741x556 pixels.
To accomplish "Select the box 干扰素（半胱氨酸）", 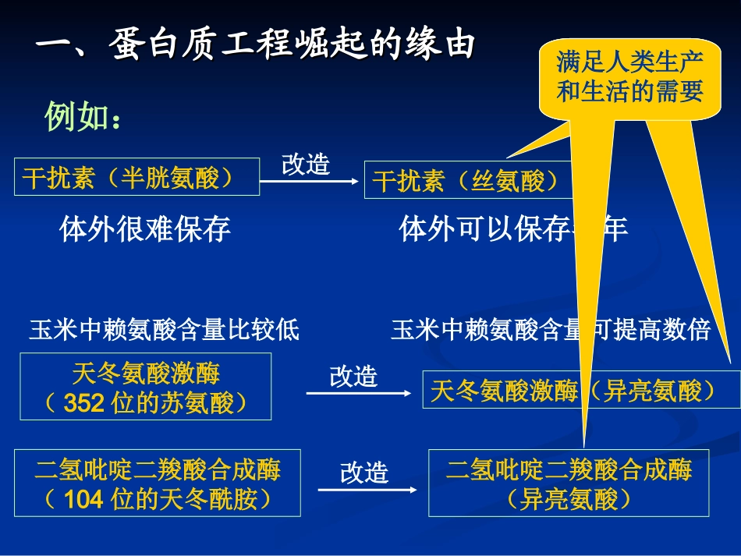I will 137,177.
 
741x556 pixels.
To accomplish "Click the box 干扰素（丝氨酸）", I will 466,180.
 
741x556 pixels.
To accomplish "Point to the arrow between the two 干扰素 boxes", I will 310,182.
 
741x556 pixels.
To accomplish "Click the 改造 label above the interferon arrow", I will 305,164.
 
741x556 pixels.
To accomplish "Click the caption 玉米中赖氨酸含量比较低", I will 164,330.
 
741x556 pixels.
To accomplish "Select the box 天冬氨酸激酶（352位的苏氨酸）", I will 146,387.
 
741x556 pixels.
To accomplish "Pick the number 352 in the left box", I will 84,403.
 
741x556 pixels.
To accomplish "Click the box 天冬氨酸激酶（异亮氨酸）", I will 581,390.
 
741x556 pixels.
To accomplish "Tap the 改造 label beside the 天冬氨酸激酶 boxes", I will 353,377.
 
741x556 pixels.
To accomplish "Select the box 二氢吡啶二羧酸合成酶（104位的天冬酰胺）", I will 158,483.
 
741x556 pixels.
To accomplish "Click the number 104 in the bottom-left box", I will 83,499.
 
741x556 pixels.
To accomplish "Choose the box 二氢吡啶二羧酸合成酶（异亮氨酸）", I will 569,483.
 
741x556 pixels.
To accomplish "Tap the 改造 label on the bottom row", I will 364,473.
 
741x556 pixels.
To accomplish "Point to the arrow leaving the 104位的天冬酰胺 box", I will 369,490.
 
